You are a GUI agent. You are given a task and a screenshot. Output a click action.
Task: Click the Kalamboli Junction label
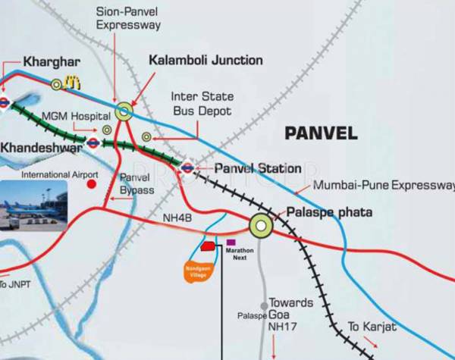click(206, 60)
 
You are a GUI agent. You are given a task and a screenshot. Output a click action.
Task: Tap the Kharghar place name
click(31, 61)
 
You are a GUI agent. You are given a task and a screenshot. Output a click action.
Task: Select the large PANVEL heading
click(321, 133)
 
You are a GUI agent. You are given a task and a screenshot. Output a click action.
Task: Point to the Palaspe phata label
click(329, 213)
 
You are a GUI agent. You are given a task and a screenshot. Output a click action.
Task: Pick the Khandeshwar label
click(42, 146)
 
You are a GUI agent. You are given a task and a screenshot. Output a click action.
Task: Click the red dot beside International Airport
click(92, 183)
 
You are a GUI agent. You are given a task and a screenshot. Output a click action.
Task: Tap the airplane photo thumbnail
click(33, 203)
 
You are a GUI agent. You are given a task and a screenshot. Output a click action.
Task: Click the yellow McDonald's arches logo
click(73, 83)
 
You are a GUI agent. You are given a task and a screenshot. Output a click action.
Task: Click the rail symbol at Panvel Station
click(187, 168)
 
